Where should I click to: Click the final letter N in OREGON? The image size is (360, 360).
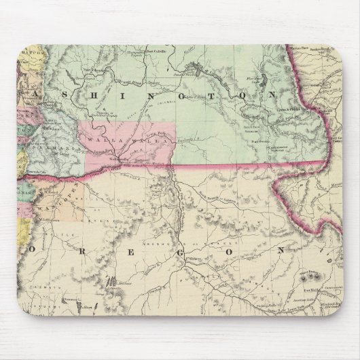(281, 249)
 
